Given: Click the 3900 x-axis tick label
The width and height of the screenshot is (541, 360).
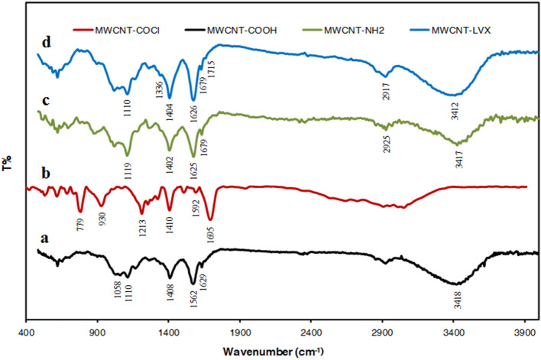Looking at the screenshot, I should click(x=525, y=332).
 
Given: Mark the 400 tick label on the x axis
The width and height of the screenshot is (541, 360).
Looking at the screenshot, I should click(x=27, y=332).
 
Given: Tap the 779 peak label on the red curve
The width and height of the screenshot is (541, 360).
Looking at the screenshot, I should click(x=81, y=225).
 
